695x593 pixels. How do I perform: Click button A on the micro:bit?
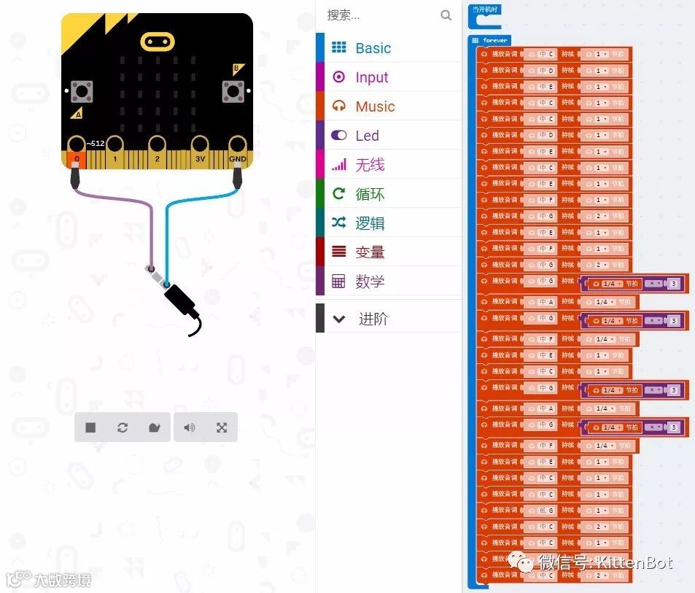point(81,92)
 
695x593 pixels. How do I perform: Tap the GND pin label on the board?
point(237,158)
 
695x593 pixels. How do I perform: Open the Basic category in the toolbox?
point(373,48)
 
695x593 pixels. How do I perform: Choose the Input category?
point(371,77)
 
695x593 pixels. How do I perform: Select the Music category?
point(375,106)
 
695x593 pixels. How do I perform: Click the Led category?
point(367,136)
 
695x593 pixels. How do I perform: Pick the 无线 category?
point(370,165)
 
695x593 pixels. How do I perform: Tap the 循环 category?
point(370,194)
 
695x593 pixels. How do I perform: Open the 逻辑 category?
point(370,223)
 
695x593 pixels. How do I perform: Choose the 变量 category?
point(370,252)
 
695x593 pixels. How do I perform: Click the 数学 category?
point(370,282)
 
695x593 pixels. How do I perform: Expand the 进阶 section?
point(373,319)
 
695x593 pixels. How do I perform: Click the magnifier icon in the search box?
point(446,15)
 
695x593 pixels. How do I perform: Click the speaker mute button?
point(190,427)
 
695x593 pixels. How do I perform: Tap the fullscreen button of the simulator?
point(222,427)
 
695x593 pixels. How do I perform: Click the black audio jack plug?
point(181,301)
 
